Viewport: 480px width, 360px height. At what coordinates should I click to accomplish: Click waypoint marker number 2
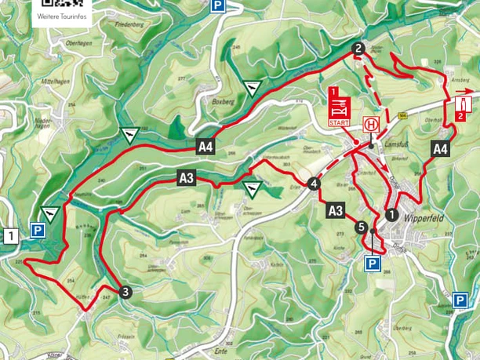tap(358, 49)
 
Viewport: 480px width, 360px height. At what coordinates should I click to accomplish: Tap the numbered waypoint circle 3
tap(125, 293)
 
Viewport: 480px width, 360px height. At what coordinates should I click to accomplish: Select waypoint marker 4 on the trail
tap(314, 184)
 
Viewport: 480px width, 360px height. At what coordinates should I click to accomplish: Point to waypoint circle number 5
tap(361, 228)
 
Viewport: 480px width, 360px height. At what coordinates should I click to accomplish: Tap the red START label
tap(338, 123)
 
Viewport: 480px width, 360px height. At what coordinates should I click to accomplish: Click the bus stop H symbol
tap(369, 125)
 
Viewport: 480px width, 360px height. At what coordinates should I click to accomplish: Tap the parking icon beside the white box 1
tap(37, 231)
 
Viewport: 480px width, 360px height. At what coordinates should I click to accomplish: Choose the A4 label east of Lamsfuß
tap(440, 148)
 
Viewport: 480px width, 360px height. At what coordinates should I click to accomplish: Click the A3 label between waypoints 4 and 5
tap(336, 210)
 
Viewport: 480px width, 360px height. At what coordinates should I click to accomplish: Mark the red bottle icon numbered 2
tap(462, 105)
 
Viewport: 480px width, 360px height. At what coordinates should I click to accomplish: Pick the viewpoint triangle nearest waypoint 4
tap(252, 189)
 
